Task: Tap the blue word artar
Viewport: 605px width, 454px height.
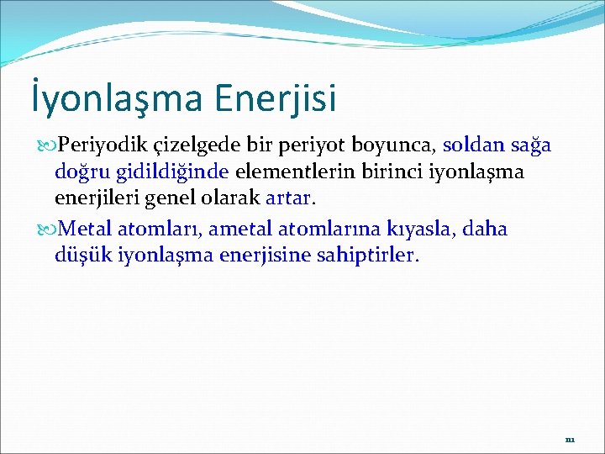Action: tap(287, 199)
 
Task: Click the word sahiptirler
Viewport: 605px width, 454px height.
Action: tap(369, 255)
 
